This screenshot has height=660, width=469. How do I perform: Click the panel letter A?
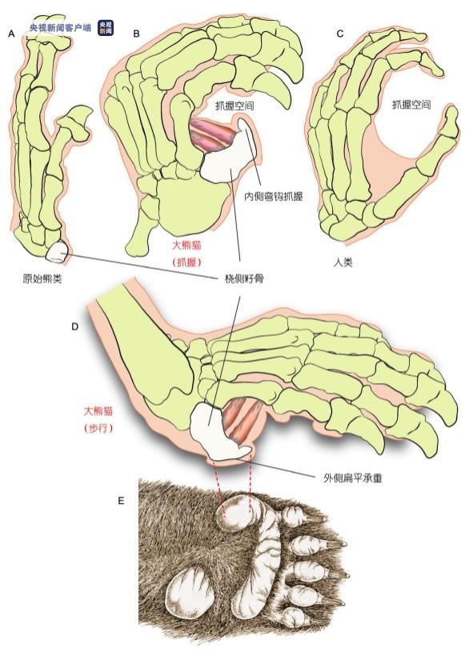[x=11, y=34]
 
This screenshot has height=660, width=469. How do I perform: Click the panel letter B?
[x=136, y=34]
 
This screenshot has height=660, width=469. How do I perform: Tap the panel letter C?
[x=340, y=34]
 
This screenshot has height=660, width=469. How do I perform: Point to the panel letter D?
[x=75, y=326]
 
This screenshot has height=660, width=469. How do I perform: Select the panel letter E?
[x=121, y=501]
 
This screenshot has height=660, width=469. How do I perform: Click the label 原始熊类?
[x=42, y=278]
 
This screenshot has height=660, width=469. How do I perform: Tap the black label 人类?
[x=343, y=263]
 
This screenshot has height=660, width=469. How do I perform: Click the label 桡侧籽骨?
[x=244, y=278]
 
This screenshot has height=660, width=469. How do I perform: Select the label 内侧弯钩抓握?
[x=273, y=197]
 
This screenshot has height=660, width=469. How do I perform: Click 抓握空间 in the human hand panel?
[x=411, y=104]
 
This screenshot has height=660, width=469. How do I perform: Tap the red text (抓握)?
[x=187, y=262]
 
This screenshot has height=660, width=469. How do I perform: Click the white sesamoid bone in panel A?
[x=56, y=251]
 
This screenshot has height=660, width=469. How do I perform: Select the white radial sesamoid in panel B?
[x=227, y=154]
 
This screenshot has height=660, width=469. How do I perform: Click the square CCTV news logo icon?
[x=106, y=28]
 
